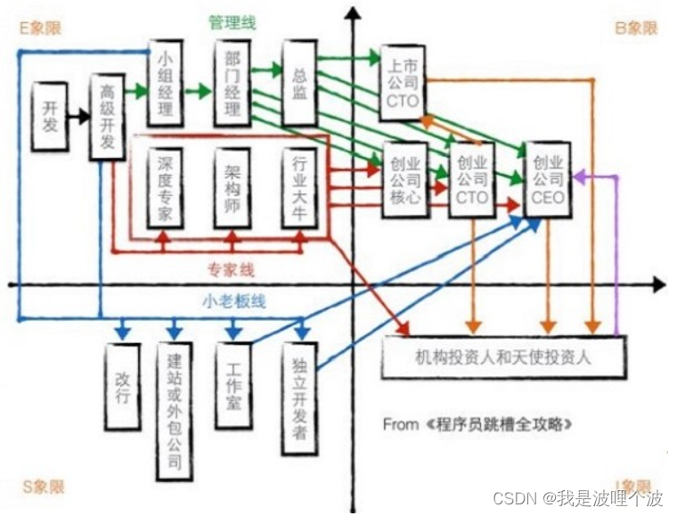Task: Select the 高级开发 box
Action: (x=107, y=117)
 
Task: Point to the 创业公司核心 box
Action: (x=403, y=181)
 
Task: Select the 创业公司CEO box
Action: (x=548, y=179)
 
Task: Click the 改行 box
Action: (x=122, y=384)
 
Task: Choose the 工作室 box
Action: (x=233, y=384)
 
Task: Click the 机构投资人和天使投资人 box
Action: (x=503, y=358)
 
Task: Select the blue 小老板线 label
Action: (x=233, y=300)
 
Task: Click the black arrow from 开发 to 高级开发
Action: (x=79, y=115)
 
